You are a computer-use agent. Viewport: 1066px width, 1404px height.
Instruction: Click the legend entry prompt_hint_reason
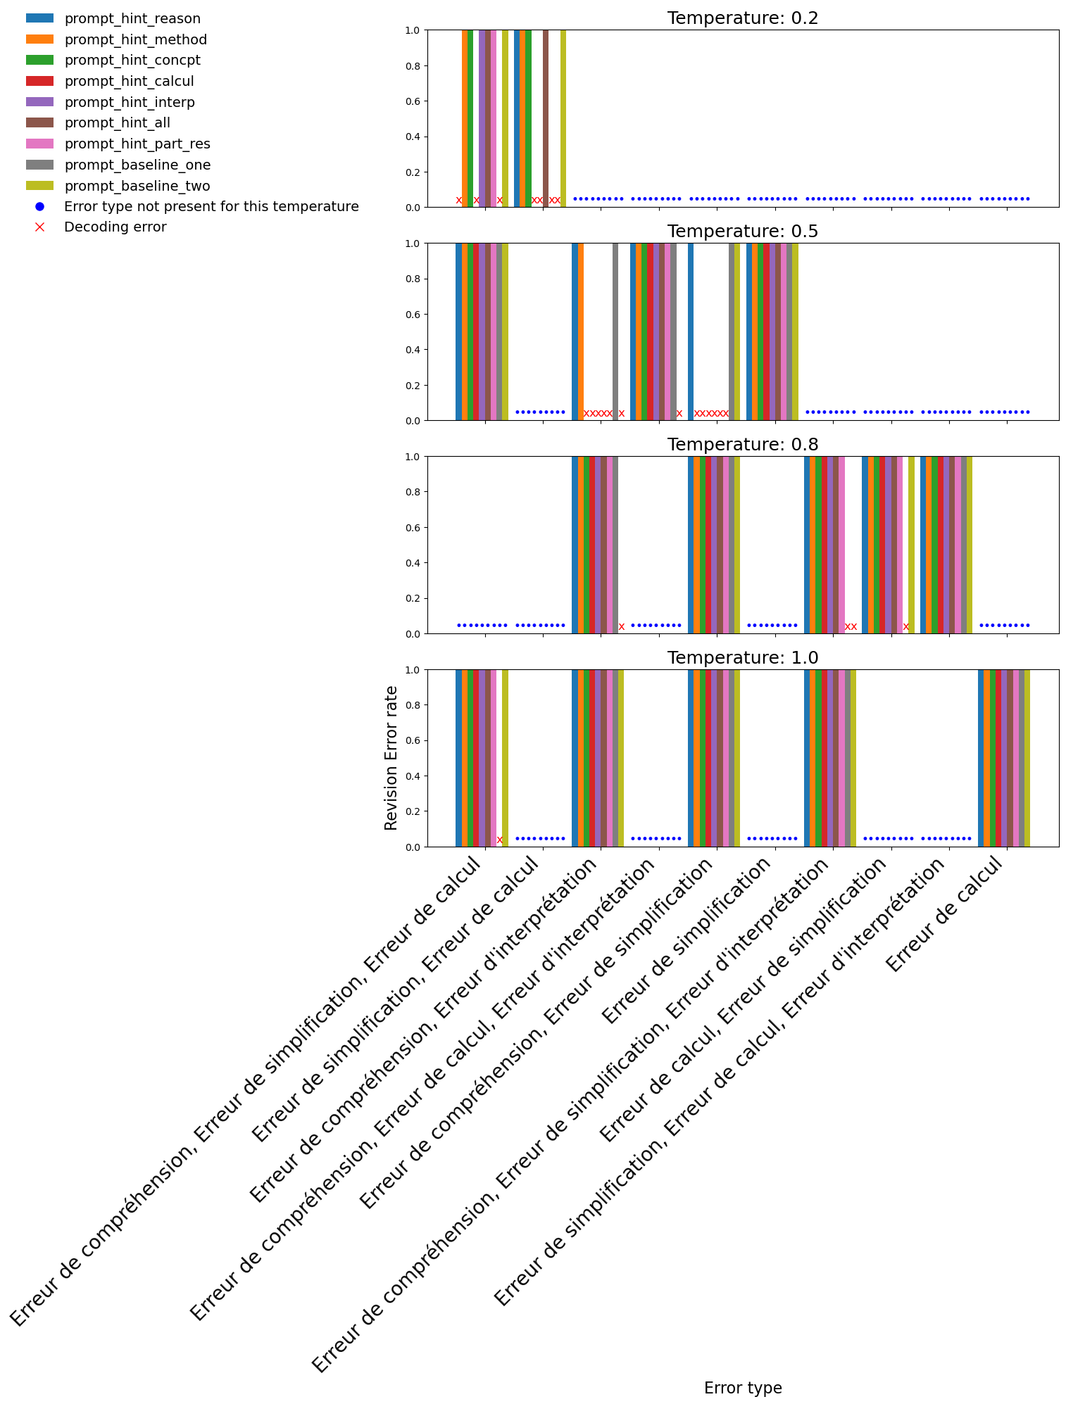(x=132, y=19)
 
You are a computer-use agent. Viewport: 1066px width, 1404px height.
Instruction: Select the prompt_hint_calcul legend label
(x=129, y=82)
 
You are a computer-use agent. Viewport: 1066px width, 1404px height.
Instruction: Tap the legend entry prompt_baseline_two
(x=137, y=186)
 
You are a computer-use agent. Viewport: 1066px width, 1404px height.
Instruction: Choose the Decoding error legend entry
(x=115, y=227)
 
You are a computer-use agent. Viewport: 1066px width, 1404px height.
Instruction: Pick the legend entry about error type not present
(x=211, y=206)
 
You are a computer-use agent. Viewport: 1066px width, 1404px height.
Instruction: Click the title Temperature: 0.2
(x=743, y=18)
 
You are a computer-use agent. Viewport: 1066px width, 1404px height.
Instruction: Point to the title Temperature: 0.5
(x=743, y=232)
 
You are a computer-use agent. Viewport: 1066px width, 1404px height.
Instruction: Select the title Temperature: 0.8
(x=743, y=445)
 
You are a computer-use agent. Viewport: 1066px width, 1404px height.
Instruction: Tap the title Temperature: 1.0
(x=743, y=658)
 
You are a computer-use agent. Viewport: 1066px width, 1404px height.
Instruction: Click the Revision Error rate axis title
(x=391, y=758)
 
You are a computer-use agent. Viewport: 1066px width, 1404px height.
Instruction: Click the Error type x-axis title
(x=743, y=1388)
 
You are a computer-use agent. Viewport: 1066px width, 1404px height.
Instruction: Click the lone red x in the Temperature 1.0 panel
(x=500, y=840)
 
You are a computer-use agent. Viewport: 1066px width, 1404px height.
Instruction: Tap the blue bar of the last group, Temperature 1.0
(x=981, y=758)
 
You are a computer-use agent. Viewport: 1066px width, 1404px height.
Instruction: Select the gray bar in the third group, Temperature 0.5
(x=615, y=331)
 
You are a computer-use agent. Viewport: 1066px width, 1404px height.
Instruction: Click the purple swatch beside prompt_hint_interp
(x=40, y=102)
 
